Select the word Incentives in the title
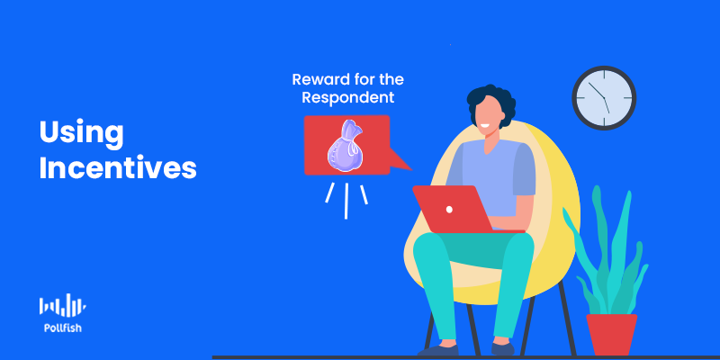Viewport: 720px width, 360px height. pos(118,168)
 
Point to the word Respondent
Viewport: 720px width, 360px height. pos(347,98)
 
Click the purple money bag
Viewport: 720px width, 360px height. pos(346,146)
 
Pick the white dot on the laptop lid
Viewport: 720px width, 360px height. pos(449,210)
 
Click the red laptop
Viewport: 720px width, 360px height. pos(463,209)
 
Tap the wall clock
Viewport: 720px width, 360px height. pos(604,98)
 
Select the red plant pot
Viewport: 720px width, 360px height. pos(612,334)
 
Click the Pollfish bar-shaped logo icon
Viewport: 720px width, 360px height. pos(62,305)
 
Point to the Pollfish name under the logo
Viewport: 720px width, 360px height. pos(62,328)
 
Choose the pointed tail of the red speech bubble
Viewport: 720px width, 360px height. pos(400,161)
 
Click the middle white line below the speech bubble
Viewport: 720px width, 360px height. pos(346,201)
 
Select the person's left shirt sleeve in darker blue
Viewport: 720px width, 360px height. pos(524,169)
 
